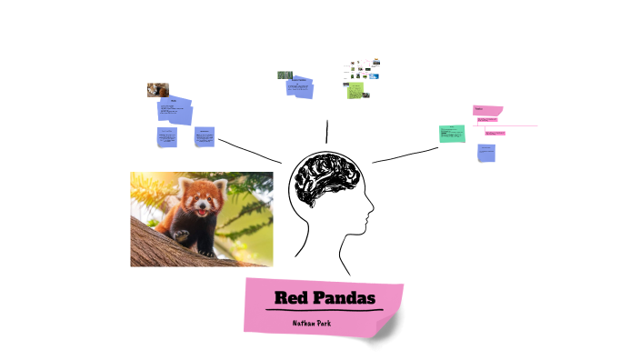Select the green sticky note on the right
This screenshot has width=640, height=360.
[452, 134]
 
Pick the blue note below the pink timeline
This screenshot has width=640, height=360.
[486, 152]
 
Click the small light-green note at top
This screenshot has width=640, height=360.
[355, 90]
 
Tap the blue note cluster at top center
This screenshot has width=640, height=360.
[300, 88]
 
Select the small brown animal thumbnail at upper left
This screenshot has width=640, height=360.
[157, 90]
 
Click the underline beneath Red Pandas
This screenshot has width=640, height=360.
[325, 311]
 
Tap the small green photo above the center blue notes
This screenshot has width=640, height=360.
[284, 75]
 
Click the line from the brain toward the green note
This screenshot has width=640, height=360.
[405, 155]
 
